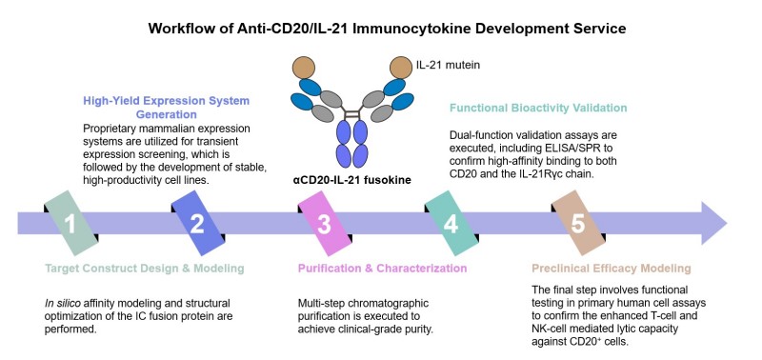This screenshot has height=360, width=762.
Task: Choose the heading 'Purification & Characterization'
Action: (x=376, y=269)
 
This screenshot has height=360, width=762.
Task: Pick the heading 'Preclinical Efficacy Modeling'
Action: (x=610, y=269)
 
